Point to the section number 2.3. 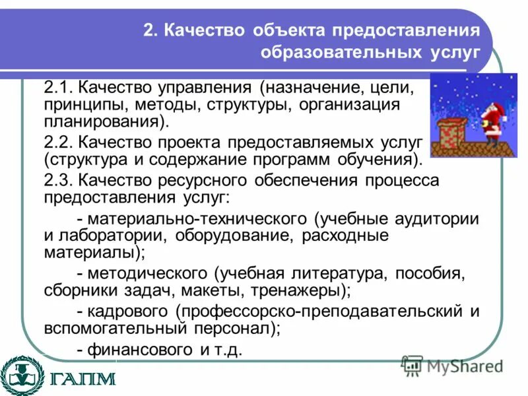(x=60, y=181)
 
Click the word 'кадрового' (x=130, y=312)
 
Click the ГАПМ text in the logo (x=82, y=379)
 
